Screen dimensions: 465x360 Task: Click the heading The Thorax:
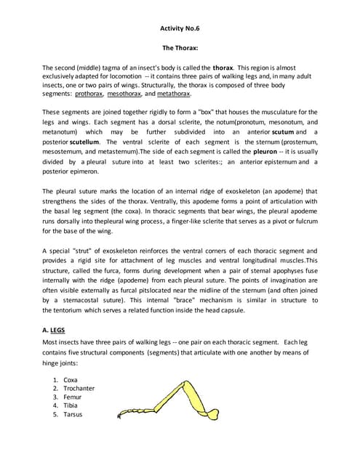tap(180, 46)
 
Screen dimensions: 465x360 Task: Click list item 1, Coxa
tap(71, 379)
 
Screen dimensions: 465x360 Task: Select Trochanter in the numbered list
tap(79, 388)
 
